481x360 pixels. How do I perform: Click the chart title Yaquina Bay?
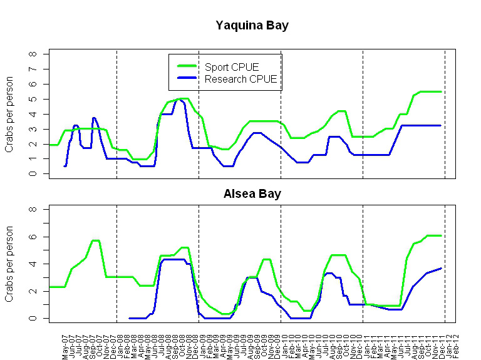pos(252,26)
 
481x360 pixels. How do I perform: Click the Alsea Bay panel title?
pos(252,193)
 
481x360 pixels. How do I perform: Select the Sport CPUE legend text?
pos(232,67)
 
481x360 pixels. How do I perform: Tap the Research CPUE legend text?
pos(241,79)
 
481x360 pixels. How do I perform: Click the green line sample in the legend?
pos(187,66)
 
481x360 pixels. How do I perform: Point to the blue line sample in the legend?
pos(187,78)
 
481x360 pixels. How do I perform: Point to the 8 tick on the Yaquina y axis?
pos(33,54)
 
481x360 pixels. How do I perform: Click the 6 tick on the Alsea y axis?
pos(33,237)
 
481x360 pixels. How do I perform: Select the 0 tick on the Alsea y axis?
pos(33,318)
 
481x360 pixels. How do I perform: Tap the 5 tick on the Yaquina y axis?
pos(33,99)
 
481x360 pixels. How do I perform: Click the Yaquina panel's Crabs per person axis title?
pos(9,115)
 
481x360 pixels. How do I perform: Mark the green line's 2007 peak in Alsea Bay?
pos(95,240)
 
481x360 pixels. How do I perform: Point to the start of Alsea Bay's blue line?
pos(129,318)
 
